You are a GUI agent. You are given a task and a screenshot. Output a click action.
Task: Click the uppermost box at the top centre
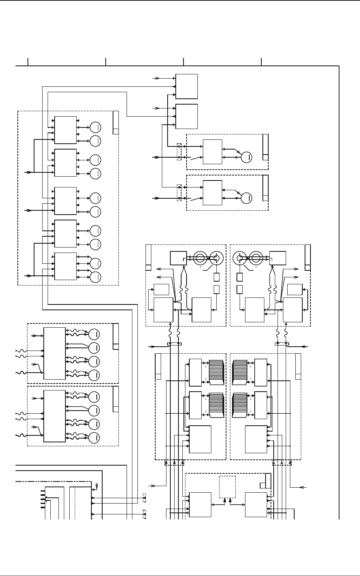click(x=187, y=86)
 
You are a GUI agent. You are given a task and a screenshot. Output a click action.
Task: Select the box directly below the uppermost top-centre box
click(x=187, y=116)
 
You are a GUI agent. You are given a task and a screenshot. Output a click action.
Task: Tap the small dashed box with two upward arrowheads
click(x=227, y=487)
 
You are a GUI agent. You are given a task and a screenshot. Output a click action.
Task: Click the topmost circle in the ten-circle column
click(x=95, y=127)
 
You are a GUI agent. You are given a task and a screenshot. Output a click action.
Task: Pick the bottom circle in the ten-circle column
click(x=95, y=277)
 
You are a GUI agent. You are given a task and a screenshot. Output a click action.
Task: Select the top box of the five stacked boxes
click(x=65, y=130)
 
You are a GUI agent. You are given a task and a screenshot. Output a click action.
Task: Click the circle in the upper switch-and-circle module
click(x=247, y=157)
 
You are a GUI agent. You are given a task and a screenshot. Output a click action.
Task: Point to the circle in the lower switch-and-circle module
click(x=247, y=198)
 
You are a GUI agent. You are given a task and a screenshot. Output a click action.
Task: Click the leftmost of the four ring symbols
click(x=200, y=258)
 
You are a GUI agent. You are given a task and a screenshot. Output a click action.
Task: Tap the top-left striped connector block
click(x=216, y=372)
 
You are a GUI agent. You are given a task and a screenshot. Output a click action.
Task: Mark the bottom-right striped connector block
click(x=240, y=404)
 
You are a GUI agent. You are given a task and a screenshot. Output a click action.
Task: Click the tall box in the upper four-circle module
click(x=55, y=353)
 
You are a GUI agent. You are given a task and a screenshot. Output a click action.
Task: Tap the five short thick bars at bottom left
click(x=43, y=499)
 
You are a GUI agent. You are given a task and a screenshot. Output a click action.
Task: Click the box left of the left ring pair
click(x=178, y=258)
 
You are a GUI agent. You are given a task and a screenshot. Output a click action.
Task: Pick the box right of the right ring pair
click(x=278, y=258)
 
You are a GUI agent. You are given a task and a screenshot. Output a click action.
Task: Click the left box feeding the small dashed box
click(x=200, y=504)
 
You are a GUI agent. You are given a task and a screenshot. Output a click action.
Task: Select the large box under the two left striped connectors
click(x=200, y=439)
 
